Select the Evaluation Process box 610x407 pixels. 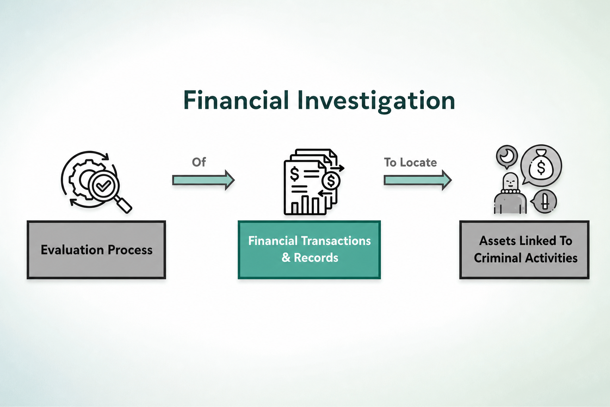click(97, 250)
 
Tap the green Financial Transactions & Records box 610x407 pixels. click(309, 250)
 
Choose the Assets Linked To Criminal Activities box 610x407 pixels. click(525, 250)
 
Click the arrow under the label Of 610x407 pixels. click(203, 180)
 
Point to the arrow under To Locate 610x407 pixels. click(418, 180)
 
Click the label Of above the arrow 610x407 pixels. click(199, 162)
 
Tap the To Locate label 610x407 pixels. click(410, 163)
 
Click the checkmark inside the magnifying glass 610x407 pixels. click(104, 186)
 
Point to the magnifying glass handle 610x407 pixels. click(124, 205)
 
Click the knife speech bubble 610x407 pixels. click(544, 202)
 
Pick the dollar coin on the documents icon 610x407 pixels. click(331, 181)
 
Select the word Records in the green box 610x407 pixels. click(316, 258)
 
